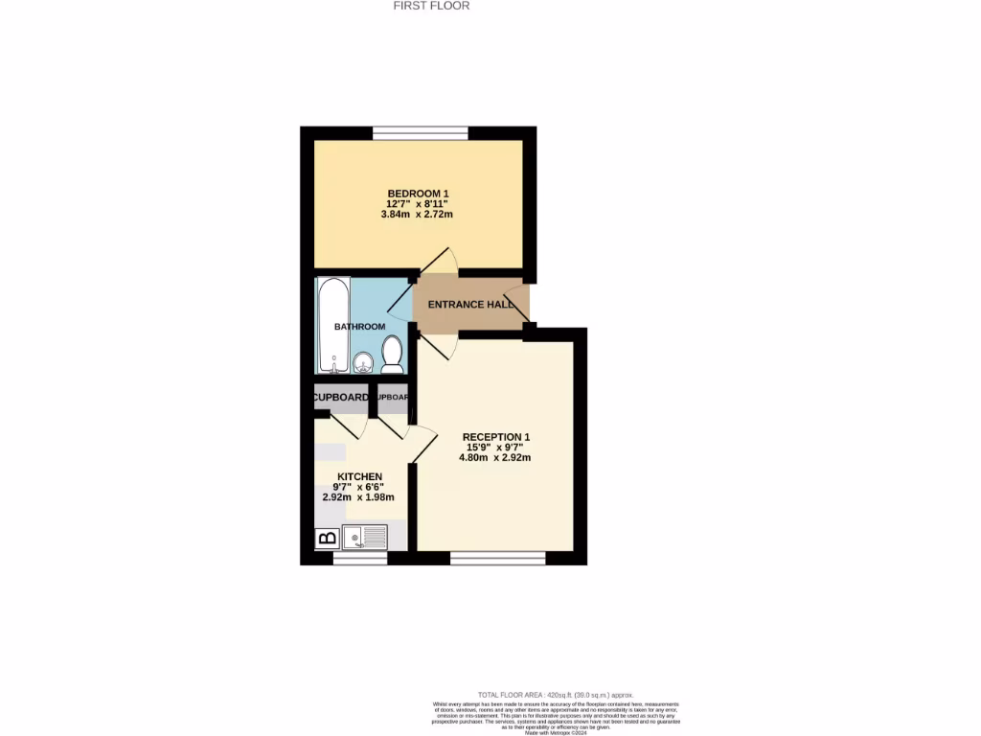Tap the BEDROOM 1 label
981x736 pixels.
pos(418,193)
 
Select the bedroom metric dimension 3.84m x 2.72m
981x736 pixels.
pos(417,215)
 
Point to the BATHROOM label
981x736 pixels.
pos(359,327)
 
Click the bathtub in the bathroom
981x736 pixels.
pos(332,326)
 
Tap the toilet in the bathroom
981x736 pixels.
pos(391,355)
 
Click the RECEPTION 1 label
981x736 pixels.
pos(495,437)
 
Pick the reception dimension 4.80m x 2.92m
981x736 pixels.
pos(495,458)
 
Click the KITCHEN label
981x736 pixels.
pos(359,476)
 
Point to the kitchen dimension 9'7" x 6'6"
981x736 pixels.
pos(359,487)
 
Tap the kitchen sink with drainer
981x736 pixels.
pos(365,537)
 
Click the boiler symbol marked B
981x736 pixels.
pos(326,539)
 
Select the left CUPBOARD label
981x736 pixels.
pos(340,398)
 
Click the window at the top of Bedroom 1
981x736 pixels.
pos(421,132)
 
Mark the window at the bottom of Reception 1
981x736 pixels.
pos(497,558)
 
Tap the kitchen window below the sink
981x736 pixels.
pos(359,558)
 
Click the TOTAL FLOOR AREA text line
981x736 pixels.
pos(556,695)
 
